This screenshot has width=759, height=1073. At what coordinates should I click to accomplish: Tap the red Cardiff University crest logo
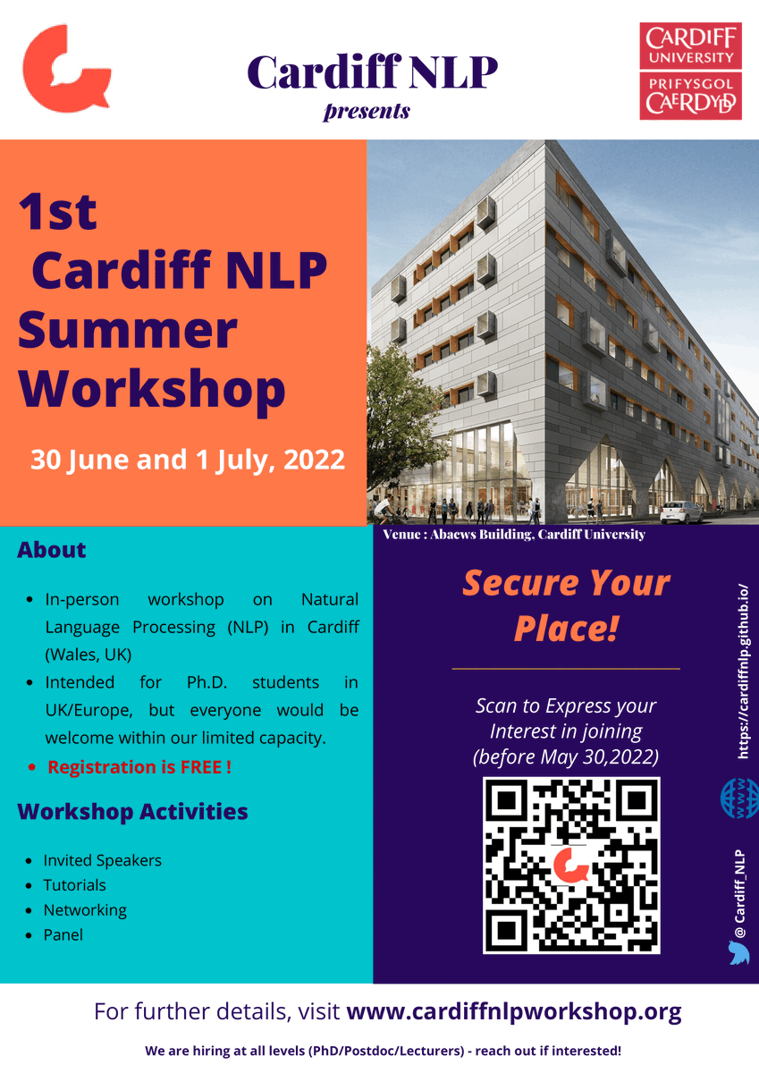tap(690, 71)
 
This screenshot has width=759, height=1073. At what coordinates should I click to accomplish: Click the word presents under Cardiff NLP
tap(367, 112)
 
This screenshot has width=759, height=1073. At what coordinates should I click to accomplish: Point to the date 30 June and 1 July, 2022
tap(188, 460)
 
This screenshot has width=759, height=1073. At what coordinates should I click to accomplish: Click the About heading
tap(52, 550)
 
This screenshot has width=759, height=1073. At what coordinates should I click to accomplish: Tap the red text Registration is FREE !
tap(139, 767)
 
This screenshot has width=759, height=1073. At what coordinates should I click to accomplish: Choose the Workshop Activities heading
tap(132, 812)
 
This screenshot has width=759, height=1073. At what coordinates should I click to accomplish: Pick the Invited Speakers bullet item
tap(102, 860)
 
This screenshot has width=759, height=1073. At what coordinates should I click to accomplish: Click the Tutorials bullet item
tap(74, 885)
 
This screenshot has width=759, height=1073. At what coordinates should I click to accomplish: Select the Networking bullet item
tap(85, 910)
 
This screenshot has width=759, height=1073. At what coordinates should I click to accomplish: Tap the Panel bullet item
tap(63, 935)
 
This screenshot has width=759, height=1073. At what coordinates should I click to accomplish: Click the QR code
tap(571, 865)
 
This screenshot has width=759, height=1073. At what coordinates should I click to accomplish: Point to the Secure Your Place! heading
tap(566, 605)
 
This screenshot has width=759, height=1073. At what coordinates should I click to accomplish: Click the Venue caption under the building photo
tap(514, 535)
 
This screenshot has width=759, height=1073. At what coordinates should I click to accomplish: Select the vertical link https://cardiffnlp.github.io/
tap(741, 671)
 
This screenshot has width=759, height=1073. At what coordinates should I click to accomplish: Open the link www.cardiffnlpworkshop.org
tap(513, 1012)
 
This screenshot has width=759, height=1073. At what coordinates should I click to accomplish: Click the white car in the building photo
tap(681, 511)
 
